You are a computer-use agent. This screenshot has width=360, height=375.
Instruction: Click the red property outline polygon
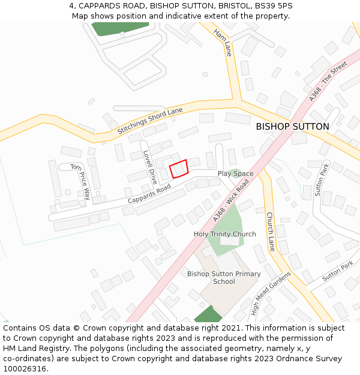pyautogui.click(x=179, y=168)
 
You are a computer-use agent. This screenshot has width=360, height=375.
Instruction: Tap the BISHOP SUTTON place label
pyautogui.click(x=292, y=127)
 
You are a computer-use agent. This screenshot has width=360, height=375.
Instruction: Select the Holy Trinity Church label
pyautogui.click(x=224, y=234)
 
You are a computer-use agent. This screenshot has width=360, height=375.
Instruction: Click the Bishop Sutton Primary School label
pyautogui.click(x=224, y=278)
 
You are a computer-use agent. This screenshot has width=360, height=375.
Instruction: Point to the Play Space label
pyautogui.click(x=235, y=173)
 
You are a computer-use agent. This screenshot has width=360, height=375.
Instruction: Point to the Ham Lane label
pyautogui.click(x=222, y=43)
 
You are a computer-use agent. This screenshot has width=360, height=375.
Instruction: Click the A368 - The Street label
pyautogui.click(x=328, y=80)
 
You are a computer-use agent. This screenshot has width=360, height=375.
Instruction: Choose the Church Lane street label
pyautogui.click(x=270, y=232)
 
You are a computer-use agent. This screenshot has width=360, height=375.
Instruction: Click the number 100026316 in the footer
pyautogui.click(x=25, y=368)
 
